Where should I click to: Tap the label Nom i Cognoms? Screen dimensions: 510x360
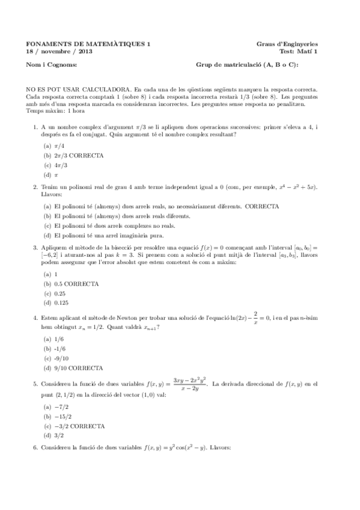tap(51, 65)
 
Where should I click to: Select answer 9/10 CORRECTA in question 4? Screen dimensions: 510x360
tap(78, 368)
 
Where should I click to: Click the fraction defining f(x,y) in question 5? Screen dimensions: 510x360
tap(189, 384)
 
